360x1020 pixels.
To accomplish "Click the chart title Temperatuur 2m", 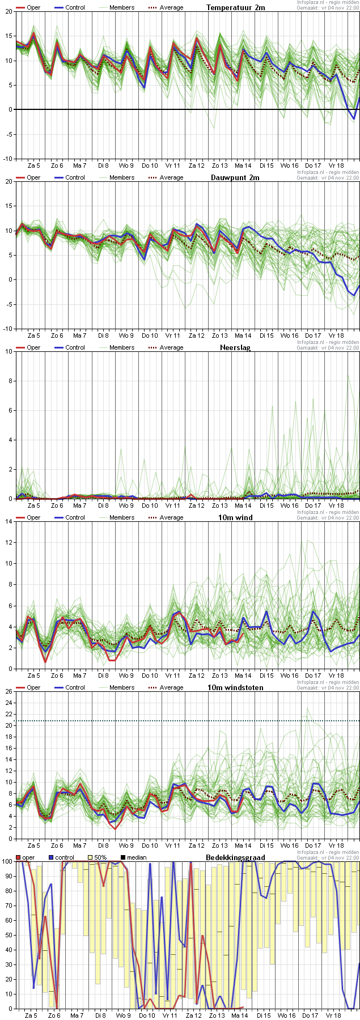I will [x=235, y=7].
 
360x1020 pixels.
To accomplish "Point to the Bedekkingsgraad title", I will [x=235, y=857].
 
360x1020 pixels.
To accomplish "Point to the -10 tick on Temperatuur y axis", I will [x=7, y=159].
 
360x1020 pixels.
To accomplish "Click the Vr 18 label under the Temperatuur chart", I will [x=336, y=165].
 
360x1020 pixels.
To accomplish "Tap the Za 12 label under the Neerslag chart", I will [x=196, y=505].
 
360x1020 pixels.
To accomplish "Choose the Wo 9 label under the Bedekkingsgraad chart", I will [x=123, y=1015].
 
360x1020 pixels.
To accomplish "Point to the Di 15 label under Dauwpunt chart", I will [x=266, y=335].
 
